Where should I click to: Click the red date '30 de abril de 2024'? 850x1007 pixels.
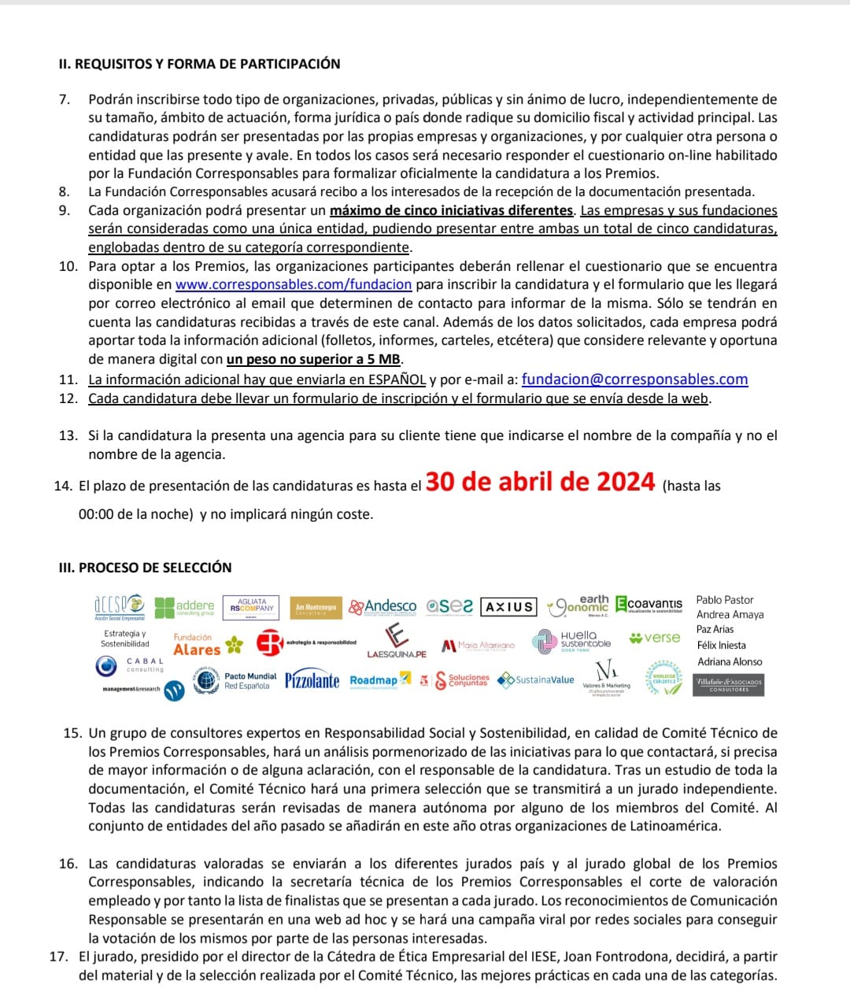point(540,482)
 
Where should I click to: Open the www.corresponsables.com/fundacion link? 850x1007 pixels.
point(294,284)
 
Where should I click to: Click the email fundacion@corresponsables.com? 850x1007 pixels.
point(634,379)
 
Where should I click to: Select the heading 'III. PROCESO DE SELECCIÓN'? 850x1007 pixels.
point(146,568)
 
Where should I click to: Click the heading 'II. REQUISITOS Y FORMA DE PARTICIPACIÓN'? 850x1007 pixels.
point(200,64)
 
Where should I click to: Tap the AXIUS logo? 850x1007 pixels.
point(508,607)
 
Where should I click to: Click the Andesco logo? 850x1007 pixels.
point(382,607)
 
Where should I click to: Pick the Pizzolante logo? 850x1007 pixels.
point(312,680)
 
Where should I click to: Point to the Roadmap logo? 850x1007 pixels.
point(380,680)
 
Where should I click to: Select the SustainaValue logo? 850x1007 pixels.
point(537,680)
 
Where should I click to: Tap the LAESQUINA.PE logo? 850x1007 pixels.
point(397,642)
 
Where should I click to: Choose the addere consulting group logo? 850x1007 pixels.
point(185,607)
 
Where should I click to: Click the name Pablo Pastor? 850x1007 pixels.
point(725,600)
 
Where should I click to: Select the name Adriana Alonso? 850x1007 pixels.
point(730,662)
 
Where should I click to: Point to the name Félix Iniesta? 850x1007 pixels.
point(722,646)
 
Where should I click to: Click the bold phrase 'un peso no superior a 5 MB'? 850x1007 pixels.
point(314,360)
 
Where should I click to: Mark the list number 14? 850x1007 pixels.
point(63,486)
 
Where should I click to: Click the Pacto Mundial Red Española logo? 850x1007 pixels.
point(236,681)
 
